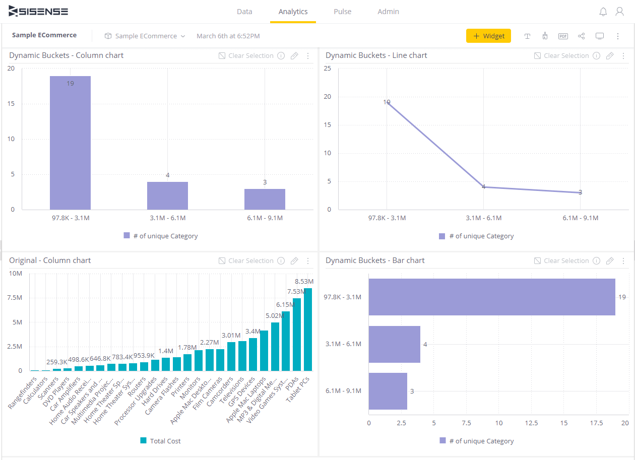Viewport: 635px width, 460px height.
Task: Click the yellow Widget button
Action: [488, 36]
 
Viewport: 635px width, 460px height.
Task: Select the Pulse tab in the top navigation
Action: [342, 12]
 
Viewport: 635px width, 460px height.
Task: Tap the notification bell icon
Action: [603, 12]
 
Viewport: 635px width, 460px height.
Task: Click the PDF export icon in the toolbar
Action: [563, 36]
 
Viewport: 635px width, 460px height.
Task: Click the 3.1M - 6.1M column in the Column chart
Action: [167, 195]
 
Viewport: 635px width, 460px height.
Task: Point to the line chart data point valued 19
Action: [387, 102]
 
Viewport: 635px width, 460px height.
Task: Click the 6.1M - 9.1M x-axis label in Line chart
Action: [580, 218]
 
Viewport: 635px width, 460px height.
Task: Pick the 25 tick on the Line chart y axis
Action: [327, 69]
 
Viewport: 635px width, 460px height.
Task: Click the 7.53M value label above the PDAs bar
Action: [296, 291]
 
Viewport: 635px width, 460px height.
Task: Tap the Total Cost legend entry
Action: [160, 441]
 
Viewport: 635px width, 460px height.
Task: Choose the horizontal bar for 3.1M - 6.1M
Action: [394, 344]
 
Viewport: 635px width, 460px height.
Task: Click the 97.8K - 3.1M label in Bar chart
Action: [342, 297]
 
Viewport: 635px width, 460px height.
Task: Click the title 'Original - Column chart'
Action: [50, 260]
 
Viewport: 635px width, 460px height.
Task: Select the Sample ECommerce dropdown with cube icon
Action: [145, 36]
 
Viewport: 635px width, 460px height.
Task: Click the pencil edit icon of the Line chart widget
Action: [610, 55]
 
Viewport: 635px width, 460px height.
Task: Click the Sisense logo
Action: [38, 12]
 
